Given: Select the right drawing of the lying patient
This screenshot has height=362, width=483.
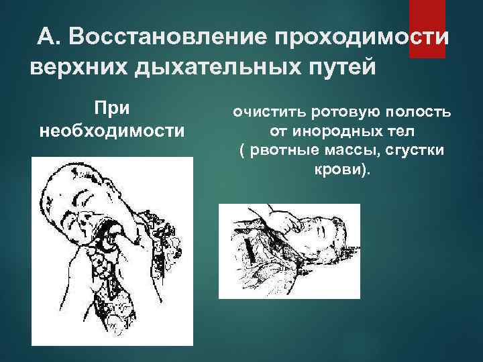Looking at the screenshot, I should tap(289, 251).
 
